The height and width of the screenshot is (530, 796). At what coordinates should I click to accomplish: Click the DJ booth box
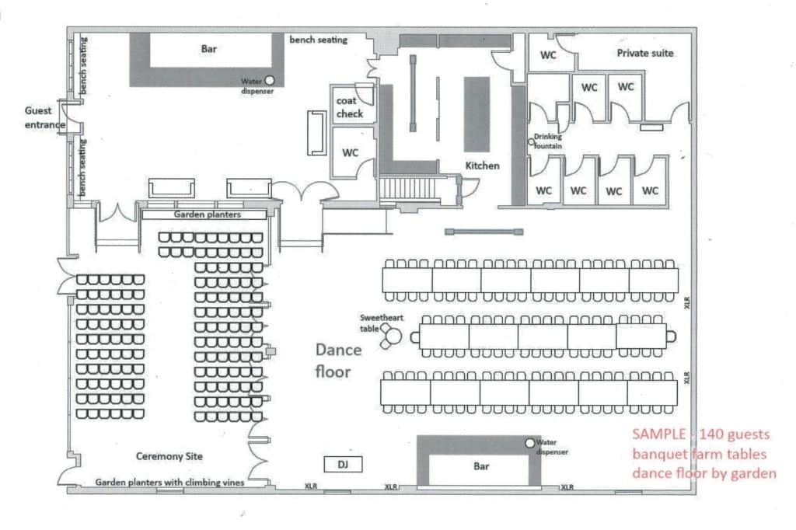[343, 464]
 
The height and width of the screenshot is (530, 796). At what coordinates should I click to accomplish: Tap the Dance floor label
[338, 361]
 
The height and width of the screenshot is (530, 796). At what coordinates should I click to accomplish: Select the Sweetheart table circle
[394, 336]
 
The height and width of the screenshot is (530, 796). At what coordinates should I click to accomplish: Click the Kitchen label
[482, 166]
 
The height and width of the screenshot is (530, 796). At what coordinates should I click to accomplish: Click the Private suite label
[644, 53]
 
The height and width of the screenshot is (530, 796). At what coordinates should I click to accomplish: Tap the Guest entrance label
[44, 117]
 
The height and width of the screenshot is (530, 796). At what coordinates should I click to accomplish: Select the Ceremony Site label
[169, 456]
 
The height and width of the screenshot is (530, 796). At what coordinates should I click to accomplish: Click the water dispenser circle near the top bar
[270, 80]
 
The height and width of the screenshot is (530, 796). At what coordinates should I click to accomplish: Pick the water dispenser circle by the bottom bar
[530, 443]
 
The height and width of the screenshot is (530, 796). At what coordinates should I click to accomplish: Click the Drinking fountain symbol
[531, 142]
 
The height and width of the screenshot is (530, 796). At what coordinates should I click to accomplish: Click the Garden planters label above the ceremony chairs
[207, 214]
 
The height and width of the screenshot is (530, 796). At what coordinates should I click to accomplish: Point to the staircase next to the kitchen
[408, 188]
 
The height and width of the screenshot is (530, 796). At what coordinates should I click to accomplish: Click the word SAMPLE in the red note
[658, 434]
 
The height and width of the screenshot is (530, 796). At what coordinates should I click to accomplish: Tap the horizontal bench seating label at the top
[318, 40]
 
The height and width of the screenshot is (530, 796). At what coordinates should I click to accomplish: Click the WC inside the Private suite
[548, 55]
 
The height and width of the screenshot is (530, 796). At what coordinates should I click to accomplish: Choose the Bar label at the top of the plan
[208, 49]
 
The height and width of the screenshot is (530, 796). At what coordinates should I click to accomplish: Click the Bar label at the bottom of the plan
[481, 466]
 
